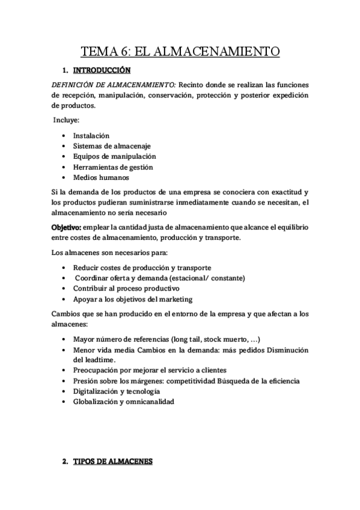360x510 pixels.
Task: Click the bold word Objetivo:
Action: click(x=67, y=226)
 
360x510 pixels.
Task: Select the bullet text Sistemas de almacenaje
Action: click(x=112, y=146)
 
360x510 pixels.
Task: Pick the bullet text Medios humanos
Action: click(x=101, y=177)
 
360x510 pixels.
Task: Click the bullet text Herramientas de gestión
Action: click(x=113, y=167)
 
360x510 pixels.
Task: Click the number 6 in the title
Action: click(x=123, y=52)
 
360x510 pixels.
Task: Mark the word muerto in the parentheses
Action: click(x=232, y=338)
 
